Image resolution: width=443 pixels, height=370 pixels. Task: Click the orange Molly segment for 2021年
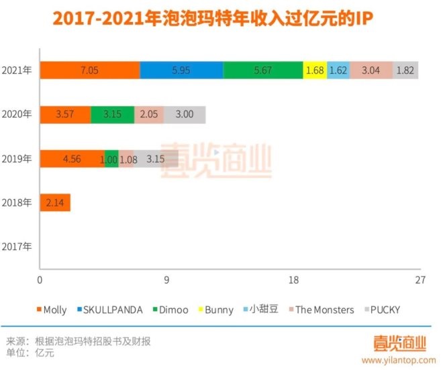(x=89, y=70)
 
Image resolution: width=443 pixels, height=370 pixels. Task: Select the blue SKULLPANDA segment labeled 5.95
(x=181, y=70)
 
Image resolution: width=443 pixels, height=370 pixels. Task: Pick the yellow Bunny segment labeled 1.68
(x=315, y=70)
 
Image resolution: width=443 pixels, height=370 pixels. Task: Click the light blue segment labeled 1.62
(x=338, y=70)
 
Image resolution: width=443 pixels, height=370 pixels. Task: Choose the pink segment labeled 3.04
(x=371, y=70)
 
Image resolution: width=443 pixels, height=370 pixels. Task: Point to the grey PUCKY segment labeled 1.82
(x=405, y=70)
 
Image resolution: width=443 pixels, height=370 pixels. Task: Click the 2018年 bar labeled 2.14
(x=55, y=202)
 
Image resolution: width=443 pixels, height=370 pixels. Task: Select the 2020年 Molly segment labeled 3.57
(x=65, y=115)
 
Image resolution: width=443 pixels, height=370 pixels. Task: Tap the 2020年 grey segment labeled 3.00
(x=185, y=115)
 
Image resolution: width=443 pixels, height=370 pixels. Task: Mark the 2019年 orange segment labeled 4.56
(x=72, y=159)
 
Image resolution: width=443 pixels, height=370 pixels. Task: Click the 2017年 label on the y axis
(x=17, y=246)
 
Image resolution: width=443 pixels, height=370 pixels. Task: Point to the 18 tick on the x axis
(x=293, y=280)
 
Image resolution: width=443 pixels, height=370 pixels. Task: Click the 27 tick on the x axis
(x=420, y=280)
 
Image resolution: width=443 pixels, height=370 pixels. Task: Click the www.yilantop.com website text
(x=403, y=359)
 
